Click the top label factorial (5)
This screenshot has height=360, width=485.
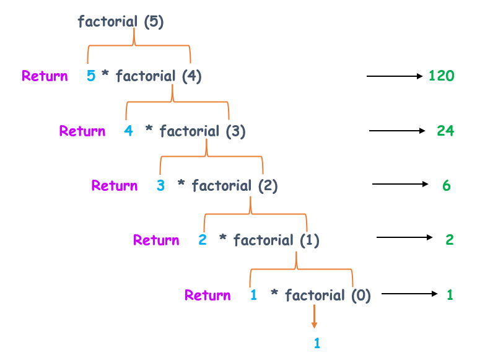click(x=121, y=22)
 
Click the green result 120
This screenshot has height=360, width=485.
click(x=442, y=76)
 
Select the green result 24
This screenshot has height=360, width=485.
click(x=445, y=131)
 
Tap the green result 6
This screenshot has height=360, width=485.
click(x=447, y=186)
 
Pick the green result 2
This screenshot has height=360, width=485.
click(x=450, y=240)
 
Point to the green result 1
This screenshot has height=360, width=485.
click(x=450, y=295)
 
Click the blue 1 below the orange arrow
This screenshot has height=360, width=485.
click(x=317, y=343)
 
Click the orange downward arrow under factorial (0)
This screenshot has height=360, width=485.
click(x=314, y=317)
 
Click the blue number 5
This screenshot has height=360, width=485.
click(x=91, y=76)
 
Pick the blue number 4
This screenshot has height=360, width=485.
click(x=128, y=131)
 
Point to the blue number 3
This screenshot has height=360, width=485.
click(x=160, y=186)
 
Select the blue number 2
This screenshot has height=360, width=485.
click(x=203, y=240)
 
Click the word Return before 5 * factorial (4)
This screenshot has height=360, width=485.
click(x=45, y=76)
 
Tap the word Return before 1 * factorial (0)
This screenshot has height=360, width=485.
click(x=208, y=296)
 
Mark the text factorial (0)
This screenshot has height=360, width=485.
click(x=328, y=296)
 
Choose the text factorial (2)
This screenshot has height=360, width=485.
click(x=235, y=186)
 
